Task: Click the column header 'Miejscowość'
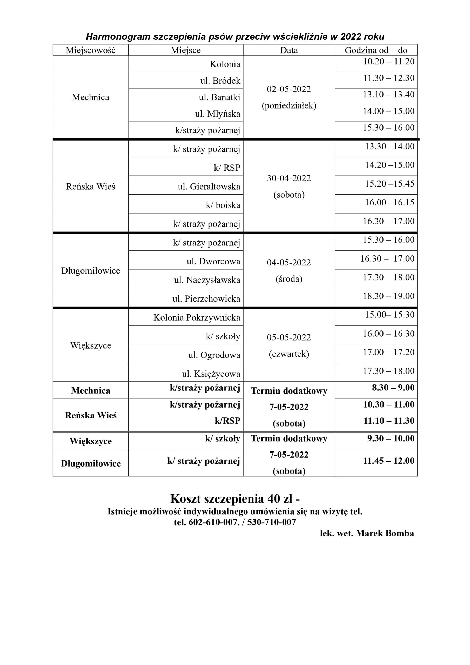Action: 90,50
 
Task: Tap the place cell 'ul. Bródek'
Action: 220,81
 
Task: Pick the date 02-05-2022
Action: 289,89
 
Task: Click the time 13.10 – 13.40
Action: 389,94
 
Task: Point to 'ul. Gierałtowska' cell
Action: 209,187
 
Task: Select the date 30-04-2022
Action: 289,178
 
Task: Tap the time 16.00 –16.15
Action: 390,202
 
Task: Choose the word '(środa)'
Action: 289,279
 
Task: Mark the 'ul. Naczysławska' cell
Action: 207,280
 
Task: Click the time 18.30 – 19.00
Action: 389,296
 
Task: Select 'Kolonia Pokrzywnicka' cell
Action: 197,318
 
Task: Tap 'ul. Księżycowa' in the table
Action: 211,374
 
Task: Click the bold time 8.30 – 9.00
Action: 393,388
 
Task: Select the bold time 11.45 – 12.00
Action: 389,461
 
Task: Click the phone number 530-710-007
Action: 271,530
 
